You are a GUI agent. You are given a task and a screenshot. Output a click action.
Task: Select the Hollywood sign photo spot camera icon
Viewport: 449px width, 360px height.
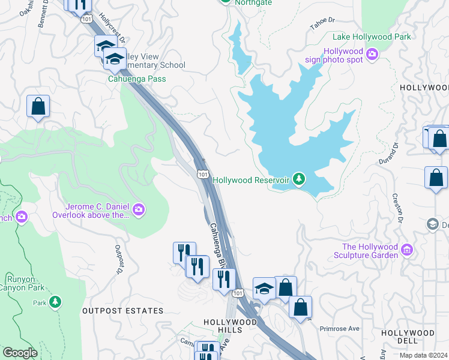(x=372, y=55)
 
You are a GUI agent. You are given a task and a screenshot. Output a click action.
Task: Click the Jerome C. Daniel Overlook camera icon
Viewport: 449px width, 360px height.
(x=139, y=209)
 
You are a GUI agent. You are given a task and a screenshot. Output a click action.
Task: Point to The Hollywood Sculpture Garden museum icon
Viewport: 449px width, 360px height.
(x=407, y=249)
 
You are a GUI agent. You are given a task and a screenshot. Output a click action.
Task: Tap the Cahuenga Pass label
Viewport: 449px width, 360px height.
(x=136, y=79)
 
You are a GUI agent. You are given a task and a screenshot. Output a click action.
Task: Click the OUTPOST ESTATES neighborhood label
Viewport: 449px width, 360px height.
(x=122, y=311)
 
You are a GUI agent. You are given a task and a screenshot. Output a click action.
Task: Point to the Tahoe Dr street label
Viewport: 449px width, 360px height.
(x=322, y=21)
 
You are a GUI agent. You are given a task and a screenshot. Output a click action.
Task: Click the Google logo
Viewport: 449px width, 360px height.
(x=20, y=353)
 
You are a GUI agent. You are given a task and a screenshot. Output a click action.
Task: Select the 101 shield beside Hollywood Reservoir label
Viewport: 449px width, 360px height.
(x=203, y=175)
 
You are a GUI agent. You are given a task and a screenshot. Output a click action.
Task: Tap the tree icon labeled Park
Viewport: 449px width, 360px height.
(x=55, y=301)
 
